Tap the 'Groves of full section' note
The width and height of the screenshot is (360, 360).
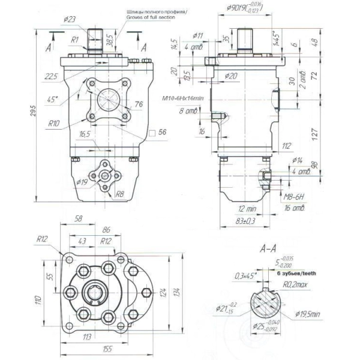[x=151, y=18]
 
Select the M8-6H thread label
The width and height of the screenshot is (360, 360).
[x=295, y=196]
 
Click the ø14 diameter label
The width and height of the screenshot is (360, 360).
[x=296, y=160]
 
